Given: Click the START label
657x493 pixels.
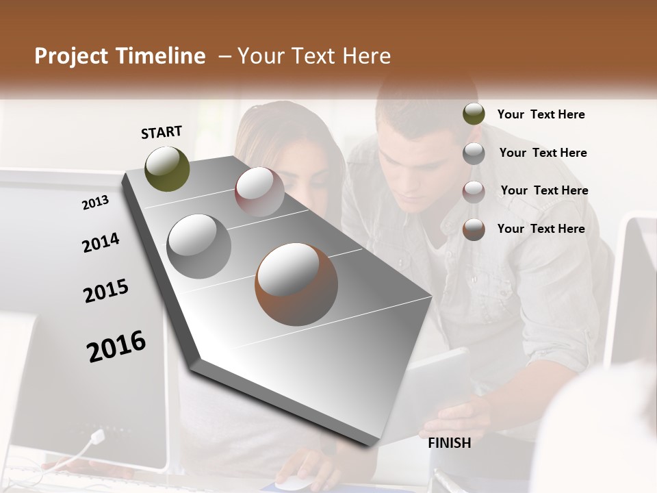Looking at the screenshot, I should (162, 132).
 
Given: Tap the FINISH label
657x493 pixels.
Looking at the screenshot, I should (449, 443).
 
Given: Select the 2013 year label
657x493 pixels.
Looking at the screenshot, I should (95, 202).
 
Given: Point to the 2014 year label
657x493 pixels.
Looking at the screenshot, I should (101, 242).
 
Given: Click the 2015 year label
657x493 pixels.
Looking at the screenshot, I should (106, 291).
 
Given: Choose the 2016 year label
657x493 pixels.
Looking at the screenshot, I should (116, 346).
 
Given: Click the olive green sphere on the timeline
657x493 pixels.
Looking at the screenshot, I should (167, 168).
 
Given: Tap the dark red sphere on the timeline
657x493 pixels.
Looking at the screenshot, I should (259, 192).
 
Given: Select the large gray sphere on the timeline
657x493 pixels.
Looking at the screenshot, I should (198, 246).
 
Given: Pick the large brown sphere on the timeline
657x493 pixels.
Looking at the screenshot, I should (296, 284).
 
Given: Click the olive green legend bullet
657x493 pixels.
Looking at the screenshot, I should (474, 114).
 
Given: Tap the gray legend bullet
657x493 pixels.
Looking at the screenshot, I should (474, 153).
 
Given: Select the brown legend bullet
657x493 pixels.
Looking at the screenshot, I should (474, 229).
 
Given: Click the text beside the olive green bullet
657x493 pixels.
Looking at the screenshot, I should (541, 114).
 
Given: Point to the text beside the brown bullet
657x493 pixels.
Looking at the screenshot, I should (541, 229).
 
